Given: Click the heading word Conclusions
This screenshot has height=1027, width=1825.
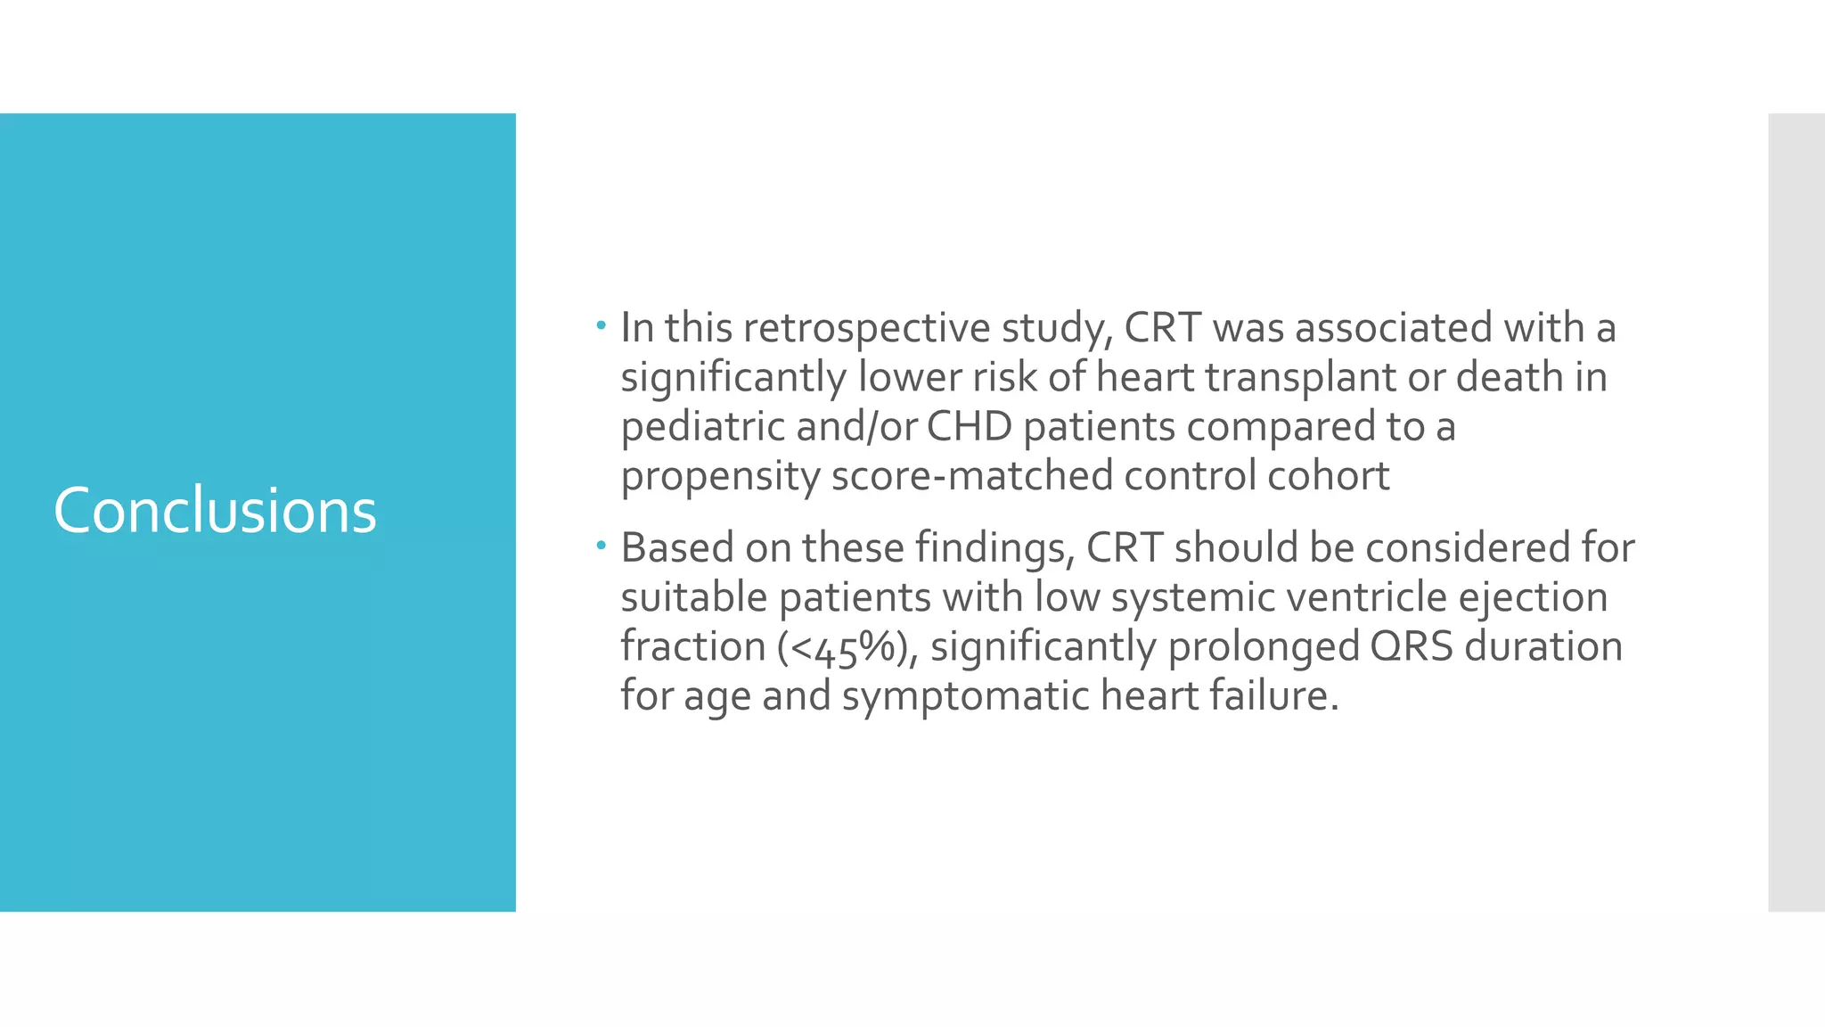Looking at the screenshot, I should click(x=215, y=512).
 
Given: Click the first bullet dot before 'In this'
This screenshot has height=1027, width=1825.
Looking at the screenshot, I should click(x=602, y=325).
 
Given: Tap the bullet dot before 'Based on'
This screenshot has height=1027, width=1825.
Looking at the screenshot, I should click(x=602, y=544).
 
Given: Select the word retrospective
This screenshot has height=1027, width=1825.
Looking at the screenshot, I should click(x=866, y=329).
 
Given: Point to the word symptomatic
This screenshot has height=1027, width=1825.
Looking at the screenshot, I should click(x=965, y=696).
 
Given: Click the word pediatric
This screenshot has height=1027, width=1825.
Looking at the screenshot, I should click(x=702, y=427).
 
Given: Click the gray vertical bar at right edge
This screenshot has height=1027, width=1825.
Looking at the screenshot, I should click(x=1796, y=512).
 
